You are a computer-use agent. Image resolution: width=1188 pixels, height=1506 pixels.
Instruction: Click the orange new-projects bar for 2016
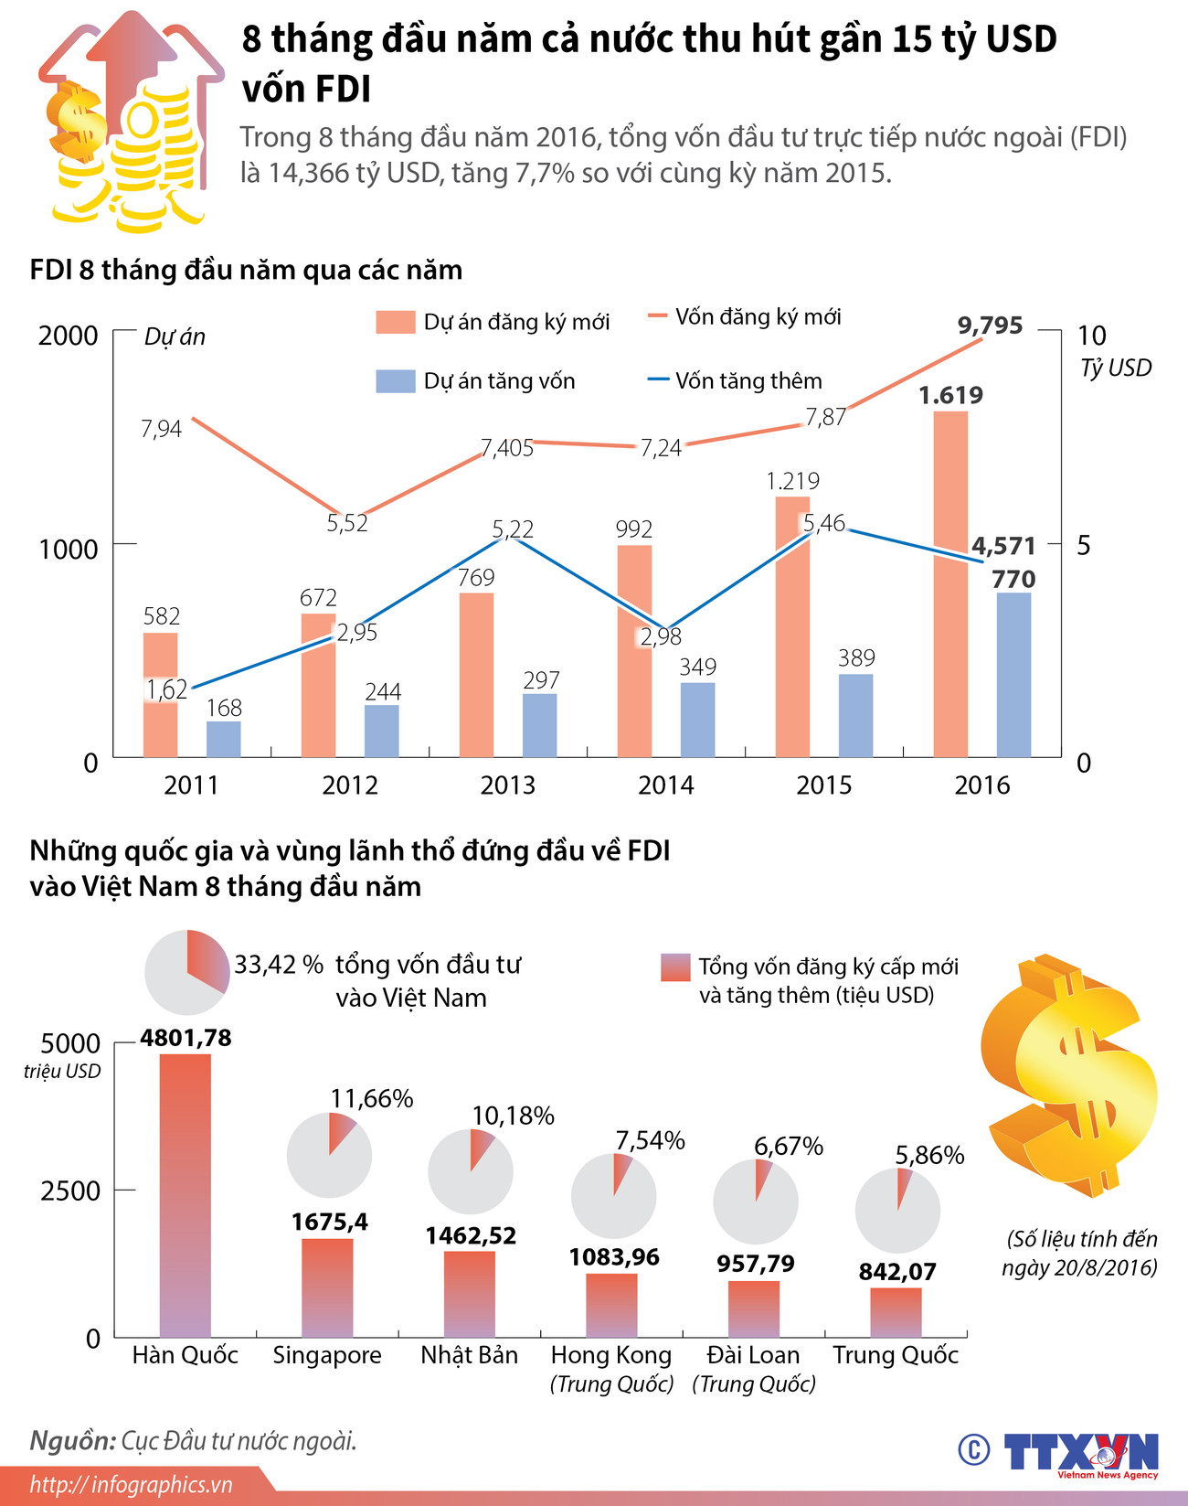(950, 585)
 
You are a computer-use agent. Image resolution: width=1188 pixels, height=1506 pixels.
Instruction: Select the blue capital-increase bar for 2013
(539, 725)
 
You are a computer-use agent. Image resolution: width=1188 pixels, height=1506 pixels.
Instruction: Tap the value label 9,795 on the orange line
(990, 326)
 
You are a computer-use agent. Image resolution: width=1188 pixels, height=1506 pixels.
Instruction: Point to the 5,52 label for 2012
(347, 523)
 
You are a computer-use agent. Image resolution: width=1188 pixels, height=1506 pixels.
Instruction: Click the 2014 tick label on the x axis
(665, 785)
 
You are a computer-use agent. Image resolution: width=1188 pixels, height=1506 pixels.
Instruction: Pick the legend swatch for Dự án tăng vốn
(395, 381)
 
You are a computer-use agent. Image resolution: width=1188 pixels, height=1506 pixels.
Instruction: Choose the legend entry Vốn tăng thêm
(748, 380)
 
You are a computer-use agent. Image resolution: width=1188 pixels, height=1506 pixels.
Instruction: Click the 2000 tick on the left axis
(68, 336)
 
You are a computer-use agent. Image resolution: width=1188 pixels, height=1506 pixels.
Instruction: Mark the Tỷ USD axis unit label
(1115, 368)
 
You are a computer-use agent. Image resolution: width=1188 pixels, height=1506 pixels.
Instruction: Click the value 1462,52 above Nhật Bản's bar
(471, 1236)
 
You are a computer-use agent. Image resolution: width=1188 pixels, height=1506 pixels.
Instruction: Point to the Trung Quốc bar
(896, 1312)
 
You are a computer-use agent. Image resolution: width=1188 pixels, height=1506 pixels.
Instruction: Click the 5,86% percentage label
(929, 1155)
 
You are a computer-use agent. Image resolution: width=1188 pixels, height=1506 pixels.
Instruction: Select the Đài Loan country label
(753, 1355)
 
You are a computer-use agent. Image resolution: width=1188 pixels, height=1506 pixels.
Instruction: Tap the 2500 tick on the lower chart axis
(69, 1191)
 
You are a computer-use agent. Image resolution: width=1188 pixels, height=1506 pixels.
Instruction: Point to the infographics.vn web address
(132, 1485)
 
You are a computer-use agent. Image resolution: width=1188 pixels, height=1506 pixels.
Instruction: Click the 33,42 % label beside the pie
(279, 965)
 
